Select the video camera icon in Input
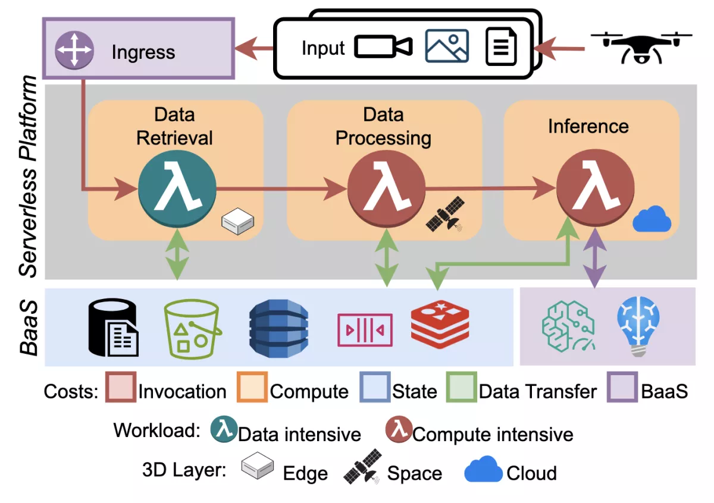(383, 47)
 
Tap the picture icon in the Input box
(447, 46)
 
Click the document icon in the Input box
(501, 47)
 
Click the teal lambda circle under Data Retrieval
(177, 189)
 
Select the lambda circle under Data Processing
(386, 189)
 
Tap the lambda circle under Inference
(594, 189)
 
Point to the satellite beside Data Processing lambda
(445, 215)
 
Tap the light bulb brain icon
(638, 326)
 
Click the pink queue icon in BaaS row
(365, 329)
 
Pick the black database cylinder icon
(113, 327)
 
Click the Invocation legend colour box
(120, 387)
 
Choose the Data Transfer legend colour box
(461, 387)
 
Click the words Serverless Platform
(29, 178)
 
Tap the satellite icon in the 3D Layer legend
(362, 466)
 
